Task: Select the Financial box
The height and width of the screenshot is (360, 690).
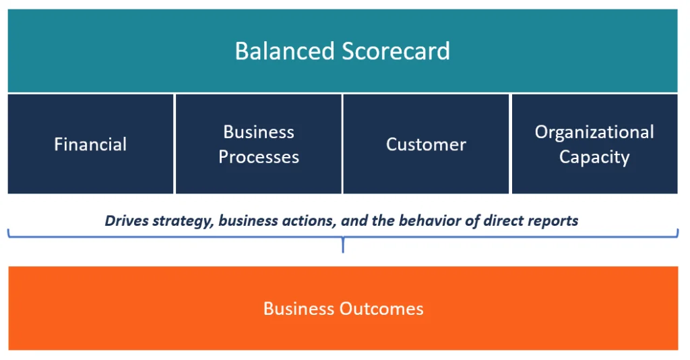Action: pos(90,144)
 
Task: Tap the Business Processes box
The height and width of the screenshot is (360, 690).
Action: pos(259,144)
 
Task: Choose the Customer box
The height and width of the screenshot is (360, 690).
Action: pos(426,144)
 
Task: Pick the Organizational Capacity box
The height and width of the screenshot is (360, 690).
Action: pos(594,144)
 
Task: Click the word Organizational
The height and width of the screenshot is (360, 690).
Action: pos(594,132)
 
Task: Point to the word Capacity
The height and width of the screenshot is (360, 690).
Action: pos(594,157)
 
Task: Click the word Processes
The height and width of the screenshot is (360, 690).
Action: pos(259,157)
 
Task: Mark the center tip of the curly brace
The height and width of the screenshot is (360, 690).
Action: pos(343,251)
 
